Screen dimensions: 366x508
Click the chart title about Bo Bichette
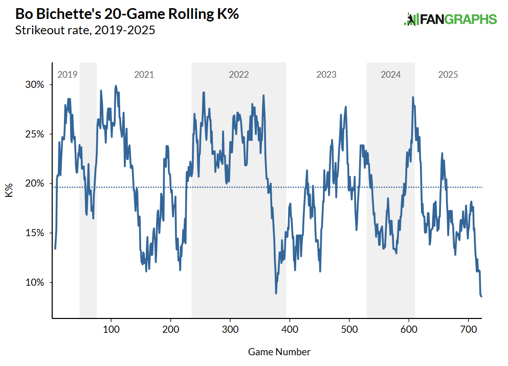[x=127, y=14]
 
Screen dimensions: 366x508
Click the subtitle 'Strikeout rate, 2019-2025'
[x=85, y=30]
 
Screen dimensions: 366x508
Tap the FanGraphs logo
[x=450, y=19]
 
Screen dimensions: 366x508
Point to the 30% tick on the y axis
[x=37, y=84]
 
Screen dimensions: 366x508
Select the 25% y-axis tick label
[x=37, y=134]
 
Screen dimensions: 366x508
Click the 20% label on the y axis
[x=37, y=184]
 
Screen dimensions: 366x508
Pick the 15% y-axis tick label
[x=37, y=233]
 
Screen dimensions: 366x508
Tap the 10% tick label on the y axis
[x=37, y=283]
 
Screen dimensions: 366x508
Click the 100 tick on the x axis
[x=111, y=329]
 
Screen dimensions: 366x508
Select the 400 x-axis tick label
[x=290, y=329]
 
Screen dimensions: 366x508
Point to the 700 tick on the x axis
[x=469, y=329]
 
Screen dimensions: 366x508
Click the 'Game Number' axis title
[x=279, y=352]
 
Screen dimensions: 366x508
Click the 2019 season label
[x=67, y=75]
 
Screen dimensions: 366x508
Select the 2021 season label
[x=144, y=75]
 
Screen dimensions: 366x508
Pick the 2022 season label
[x=238, y=75]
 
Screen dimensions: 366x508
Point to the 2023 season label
[x=326, y=75]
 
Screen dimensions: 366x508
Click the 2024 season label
[x=391, y=75]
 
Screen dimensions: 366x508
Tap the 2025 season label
[x=448, y=75]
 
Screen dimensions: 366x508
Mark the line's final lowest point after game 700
[x=481, y=296]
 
